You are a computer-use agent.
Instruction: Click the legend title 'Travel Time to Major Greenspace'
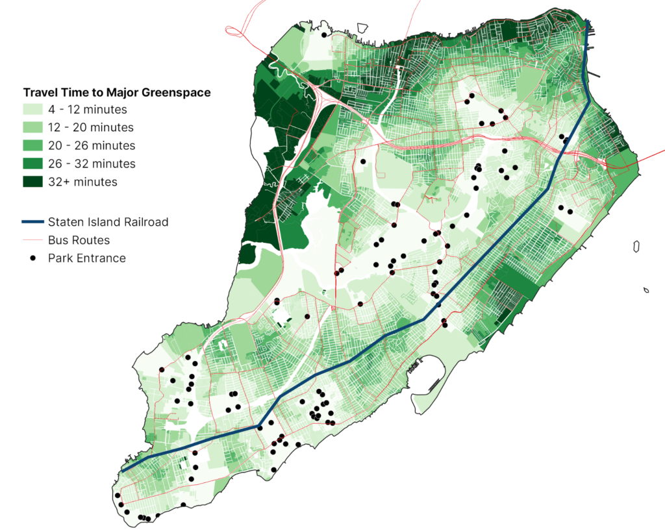pyautogui.click(x=117, y=93)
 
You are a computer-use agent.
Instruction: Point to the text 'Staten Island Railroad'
pyautogui.click(x=108, y=222)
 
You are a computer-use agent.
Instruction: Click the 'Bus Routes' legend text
pyautogui.click(x=79, y=240)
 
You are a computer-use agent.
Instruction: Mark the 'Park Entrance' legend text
pyautogui.click(x=86, y=258)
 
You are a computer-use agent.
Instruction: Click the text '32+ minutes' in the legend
pyautogui.click(x=82, y=182)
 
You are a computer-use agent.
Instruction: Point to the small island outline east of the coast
pyautogui.click(x=637, y=246)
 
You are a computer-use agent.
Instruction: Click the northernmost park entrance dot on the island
pyautogui.click(x=323, y=35)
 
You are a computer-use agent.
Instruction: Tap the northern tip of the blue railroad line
pyautogui.click(x=587, y=23)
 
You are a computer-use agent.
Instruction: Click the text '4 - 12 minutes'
pyautogui.click(x=87, y=110)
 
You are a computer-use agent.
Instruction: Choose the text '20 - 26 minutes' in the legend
pyautogui.click(x=91, y=145)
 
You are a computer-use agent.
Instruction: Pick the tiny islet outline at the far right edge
pyautogui.click(x=647, y=290)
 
